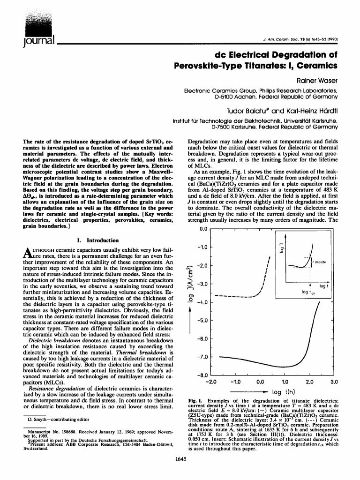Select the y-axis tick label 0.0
tap(202, 229)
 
